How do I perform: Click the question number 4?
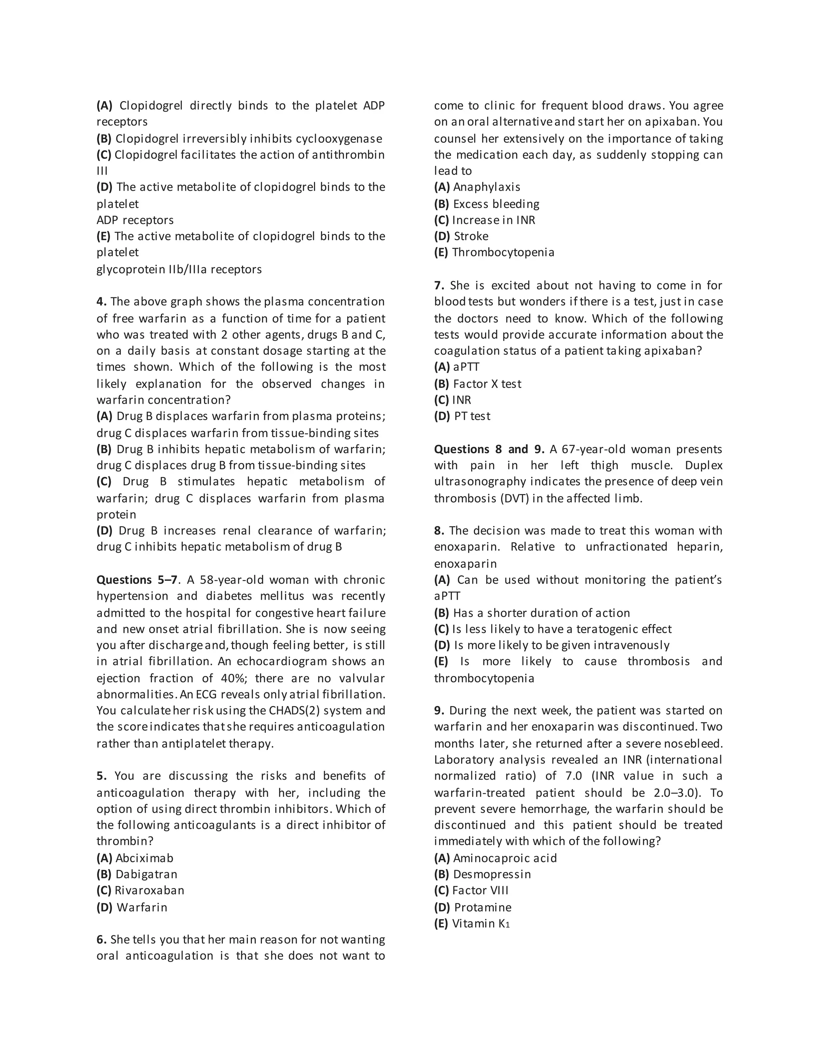coord(102,302)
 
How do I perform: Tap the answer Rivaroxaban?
coord(149,890)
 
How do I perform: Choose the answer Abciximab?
coord(144,858)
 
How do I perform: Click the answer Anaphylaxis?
coord(486,187)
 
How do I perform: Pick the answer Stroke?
coord(471,236)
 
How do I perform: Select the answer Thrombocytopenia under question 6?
coord(503,252)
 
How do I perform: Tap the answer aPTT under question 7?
coord(466,367)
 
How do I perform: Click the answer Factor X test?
coord(487,384)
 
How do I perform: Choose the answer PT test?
coord(471,416)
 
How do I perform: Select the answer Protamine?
coord(482,907)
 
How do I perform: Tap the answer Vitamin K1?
coord(480,923)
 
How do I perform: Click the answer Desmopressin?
coord(491,874)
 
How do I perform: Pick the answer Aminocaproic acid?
coord(505,858)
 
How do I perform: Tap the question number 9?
coord(439,710)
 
